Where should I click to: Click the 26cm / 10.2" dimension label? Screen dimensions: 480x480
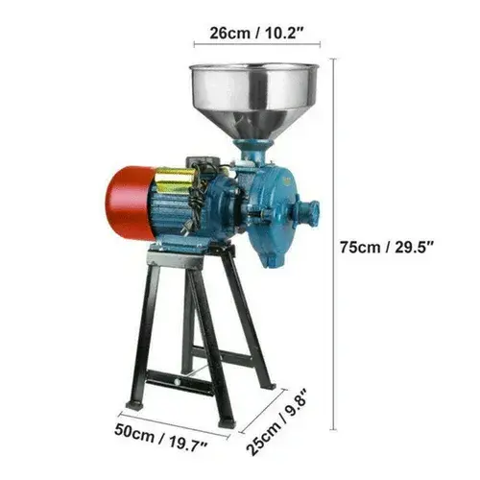tap(256, 33)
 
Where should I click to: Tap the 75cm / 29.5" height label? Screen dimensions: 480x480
tap(387, 247)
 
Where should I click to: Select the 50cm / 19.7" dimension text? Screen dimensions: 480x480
tap(161, 438)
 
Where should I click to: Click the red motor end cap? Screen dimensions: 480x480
tap(130, 203)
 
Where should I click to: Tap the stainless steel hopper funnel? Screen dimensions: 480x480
tap(254, 100)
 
